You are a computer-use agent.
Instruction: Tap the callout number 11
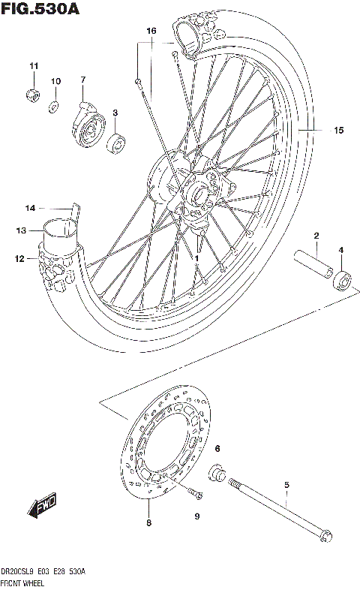click(33, 68)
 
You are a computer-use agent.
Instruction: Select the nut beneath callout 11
click(33, 95)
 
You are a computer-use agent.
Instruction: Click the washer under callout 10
click(55, 105)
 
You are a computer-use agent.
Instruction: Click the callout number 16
click(151, 32)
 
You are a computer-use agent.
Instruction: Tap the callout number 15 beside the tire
click(338, 131)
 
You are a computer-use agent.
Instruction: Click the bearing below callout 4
click(342, 280)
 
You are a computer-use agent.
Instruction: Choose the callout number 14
click(30, 208)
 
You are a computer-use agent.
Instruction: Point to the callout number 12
click(20, 259)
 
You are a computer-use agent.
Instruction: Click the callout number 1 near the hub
click(196, 257)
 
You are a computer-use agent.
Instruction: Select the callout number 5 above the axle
click(286, 485)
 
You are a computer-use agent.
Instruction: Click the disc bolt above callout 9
click(196, 493)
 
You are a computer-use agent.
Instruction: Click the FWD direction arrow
click(45, 508)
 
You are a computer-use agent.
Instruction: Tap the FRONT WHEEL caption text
click(25, 582)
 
